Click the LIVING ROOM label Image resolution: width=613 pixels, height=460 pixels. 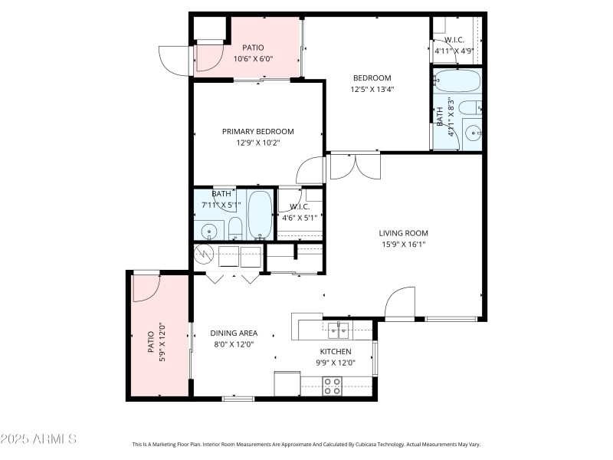403,233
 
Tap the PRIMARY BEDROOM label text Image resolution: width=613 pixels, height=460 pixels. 258,131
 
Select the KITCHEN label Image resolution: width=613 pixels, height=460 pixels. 335,351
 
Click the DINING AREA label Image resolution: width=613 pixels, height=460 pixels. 234,333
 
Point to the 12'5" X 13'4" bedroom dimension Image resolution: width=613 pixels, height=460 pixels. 372,89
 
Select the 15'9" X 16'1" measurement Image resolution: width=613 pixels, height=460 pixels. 403,245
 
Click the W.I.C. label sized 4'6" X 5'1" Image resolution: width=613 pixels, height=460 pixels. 299,206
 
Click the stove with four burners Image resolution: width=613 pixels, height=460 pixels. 333,386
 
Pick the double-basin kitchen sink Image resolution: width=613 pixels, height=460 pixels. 338,330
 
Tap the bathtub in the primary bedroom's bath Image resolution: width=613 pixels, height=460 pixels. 261,215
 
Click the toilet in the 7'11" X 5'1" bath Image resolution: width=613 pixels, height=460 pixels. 235,228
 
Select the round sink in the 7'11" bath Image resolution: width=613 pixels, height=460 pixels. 209,231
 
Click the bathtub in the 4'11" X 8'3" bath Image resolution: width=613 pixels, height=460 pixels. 457,80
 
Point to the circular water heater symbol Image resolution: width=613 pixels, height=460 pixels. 205,255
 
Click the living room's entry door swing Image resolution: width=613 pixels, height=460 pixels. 400,304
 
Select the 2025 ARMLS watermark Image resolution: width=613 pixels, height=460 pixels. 38,439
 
